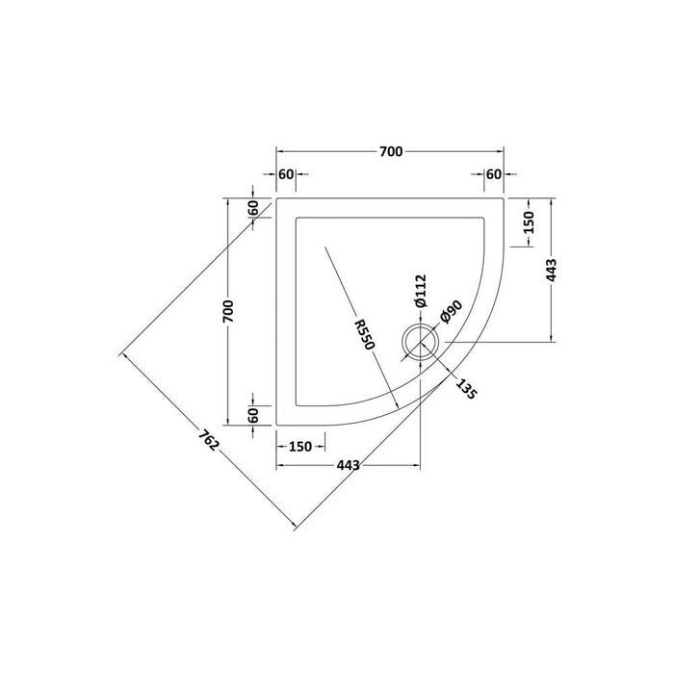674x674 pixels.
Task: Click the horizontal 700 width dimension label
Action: point(390,152)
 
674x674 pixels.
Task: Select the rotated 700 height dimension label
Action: point(228,311)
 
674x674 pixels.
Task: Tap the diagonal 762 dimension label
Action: point(205,442)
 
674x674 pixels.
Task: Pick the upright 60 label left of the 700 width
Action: point(286,174)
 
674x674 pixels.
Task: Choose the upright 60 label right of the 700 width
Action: point(494,174)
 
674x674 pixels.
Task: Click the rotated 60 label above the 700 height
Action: point(252,207)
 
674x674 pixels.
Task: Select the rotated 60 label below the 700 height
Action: point(252,416)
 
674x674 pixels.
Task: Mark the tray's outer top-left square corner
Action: point(277,199)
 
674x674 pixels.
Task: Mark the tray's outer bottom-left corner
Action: point(277,424)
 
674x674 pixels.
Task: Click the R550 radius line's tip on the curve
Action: point(398,405)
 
